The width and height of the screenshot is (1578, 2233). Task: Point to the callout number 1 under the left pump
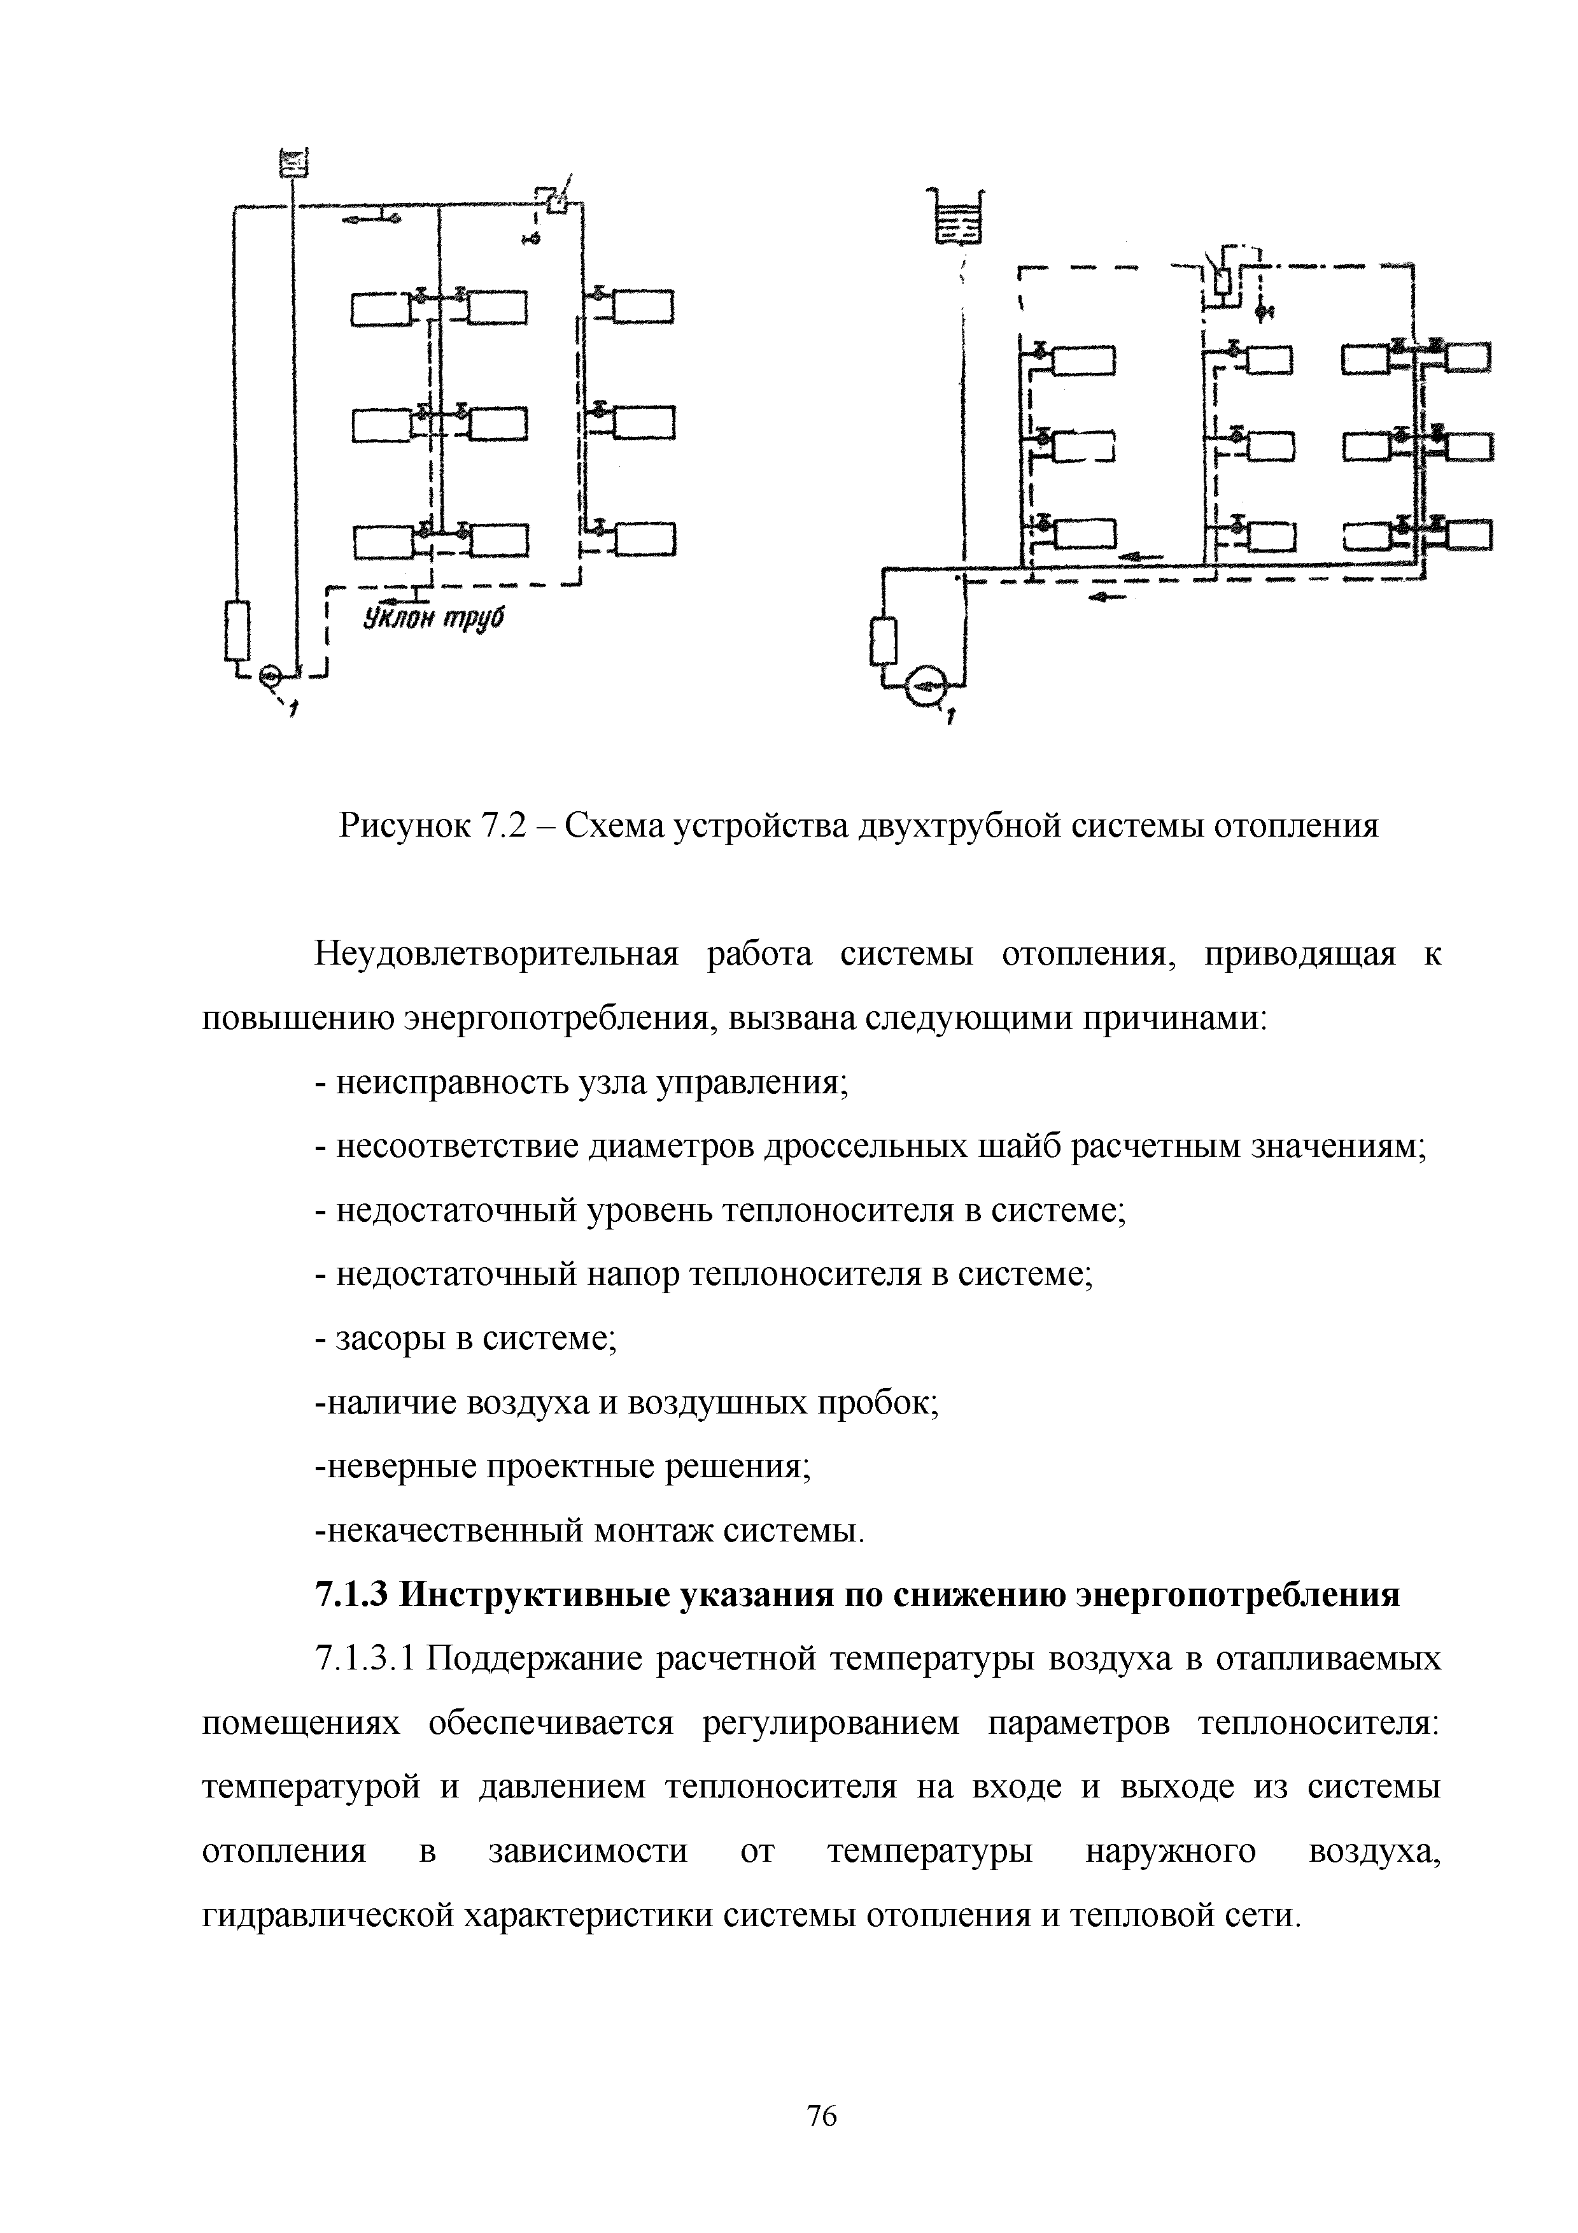tap(293, 713)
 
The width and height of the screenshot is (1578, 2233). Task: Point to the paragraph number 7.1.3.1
tap(365, 1659)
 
